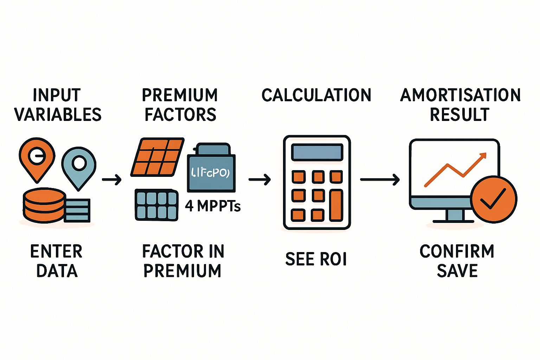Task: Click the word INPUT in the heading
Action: (x=57, y=95)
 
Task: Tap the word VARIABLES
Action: (x=58, y=115)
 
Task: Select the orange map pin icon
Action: (x=37, y=158)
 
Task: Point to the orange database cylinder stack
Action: (x=44, y=205)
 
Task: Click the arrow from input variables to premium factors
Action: (x=111, y=180)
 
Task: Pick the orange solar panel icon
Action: (x=157, y=157)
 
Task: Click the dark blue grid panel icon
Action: (x=156, y=205)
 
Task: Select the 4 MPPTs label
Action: (x=213, y=206)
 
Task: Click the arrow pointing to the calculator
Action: (x=259, y=180)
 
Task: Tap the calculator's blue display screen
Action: (x=317, y=152)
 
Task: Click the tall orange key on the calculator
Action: (x=336, y=205)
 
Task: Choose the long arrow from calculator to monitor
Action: (x=380, y=180)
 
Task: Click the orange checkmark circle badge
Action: (x=494, y=199)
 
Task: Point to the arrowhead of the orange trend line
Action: (x=483, y=155)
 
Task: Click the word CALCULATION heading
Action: (x=316, y=95)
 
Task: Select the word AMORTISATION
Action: (x=461, y=95)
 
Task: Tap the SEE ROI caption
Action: (x=316, y=259)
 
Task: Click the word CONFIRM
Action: (x=457, y=251)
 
